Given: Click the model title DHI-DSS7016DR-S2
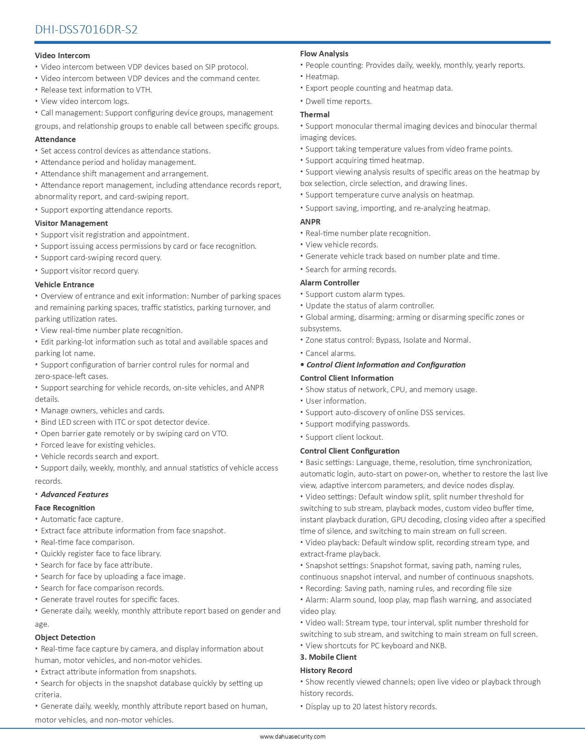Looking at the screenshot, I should (86, 30).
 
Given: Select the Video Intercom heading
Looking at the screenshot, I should (62, 55).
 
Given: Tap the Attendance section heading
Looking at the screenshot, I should (56, 139).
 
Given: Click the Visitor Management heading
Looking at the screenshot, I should (72, 223).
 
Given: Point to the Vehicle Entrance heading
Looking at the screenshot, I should (65, 285).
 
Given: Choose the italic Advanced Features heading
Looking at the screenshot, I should (74, 494).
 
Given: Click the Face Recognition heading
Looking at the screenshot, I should (65, 508).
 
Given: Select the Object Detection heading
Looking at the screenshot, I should (65, 637).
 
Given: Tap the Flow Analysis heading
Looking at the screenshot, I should (324, 54).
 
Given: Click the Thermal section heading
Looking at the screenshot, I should (315, 115).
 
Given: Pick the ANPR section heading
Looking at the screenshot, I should (310, 222).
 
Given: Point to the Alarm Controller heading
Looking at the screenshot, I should (330, 283).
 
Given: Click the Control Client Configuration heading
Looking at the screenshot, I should (350, 451).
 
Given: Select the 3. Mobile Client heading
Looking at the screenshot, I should (328, 657).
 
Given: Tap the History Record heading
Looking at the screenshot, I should (326, 670).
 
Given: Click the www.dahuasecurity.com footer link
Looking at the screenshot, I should (293, 737).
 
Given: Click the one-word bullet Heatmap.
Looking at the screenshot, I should (322, 77).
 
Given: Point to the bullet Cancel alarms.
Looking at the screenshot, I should (330, 353).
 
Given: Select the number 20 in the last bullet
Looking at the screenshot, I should (357, 707).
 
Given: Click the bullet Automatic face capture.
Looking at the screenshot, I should (82, 519).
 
